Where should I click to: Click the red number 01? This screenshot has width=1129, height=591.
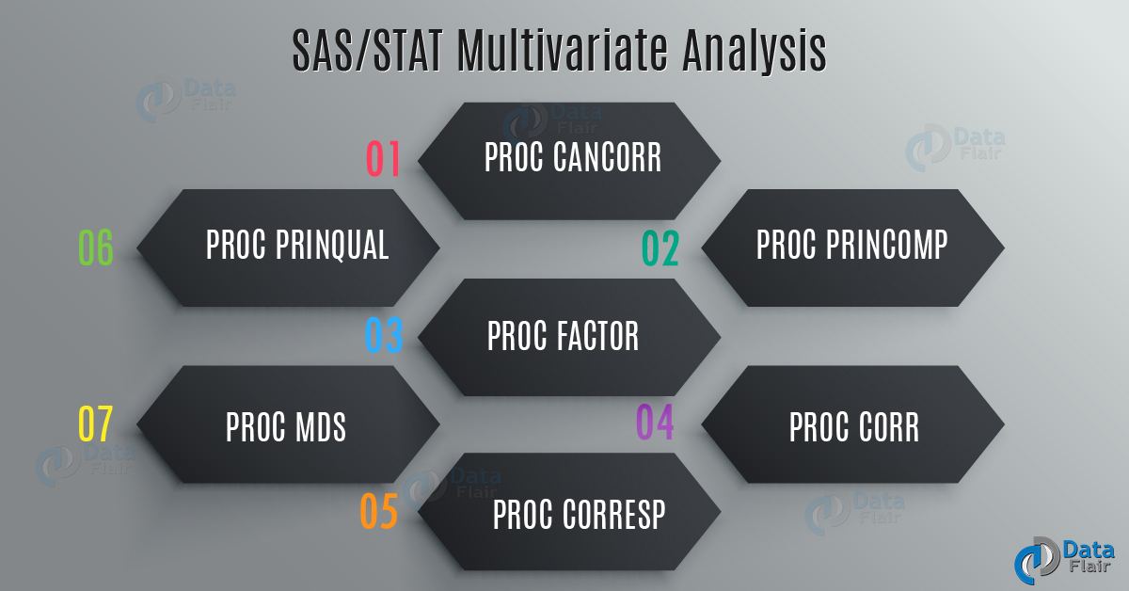pyautogui.click(x=383, y=159)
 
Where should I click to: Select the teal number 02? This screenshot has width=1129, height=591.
pyautogui.click(x=660, y=248)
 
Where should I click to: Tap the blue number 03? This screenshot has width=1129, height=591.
pyautogui.click(x=384, y=336)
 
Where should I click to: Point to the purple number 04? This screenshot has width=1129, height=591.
pyautogui.click(x=655, y=423)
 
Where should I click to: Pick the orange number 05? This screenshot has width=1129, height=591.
pyautogui.click(x=379, y=511)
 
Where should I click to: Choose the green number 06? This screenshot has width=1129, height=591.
pyautogui.click(x=95, y=248)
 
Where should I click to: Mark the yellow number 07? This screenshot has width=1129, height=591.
pyautogui.click(x=95, y=424)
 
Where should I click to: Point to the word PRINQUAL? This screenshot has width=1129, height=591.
pyautogui.click(x=333, y=246)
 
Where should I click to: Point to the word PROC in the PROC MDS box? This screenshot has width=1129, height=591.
pyautogui.click(x=255, y=426)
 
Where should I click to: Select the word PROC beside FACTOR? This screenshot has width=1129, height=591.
pyautogui.click(x=517, y=336)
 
